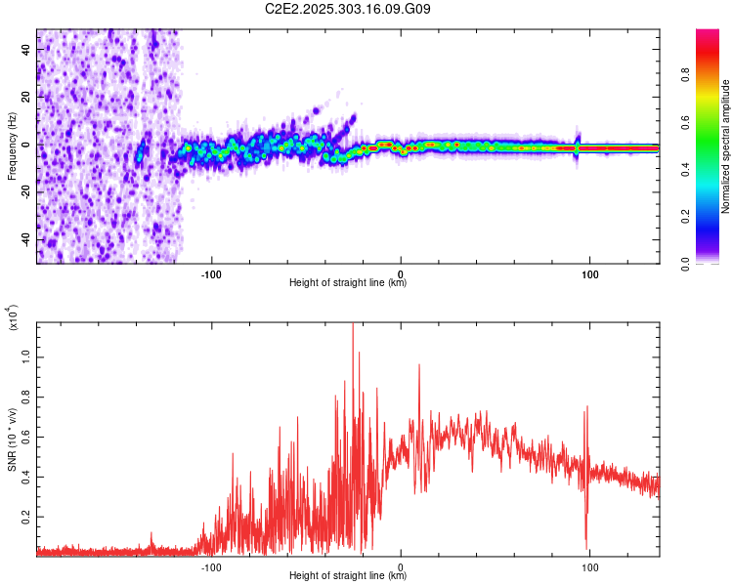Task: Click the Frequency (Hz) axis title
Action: tap(12, 146)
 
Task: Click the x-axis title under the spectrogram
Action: tap(348, 283)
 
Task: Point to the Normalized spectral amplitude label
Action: tap(725, 146)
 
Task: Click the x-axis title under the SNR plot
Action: tap(348, 576)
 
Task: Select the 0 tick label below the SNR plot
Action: tap(401, 564)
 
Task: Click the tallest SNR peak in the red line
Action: tap(353, 325)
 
